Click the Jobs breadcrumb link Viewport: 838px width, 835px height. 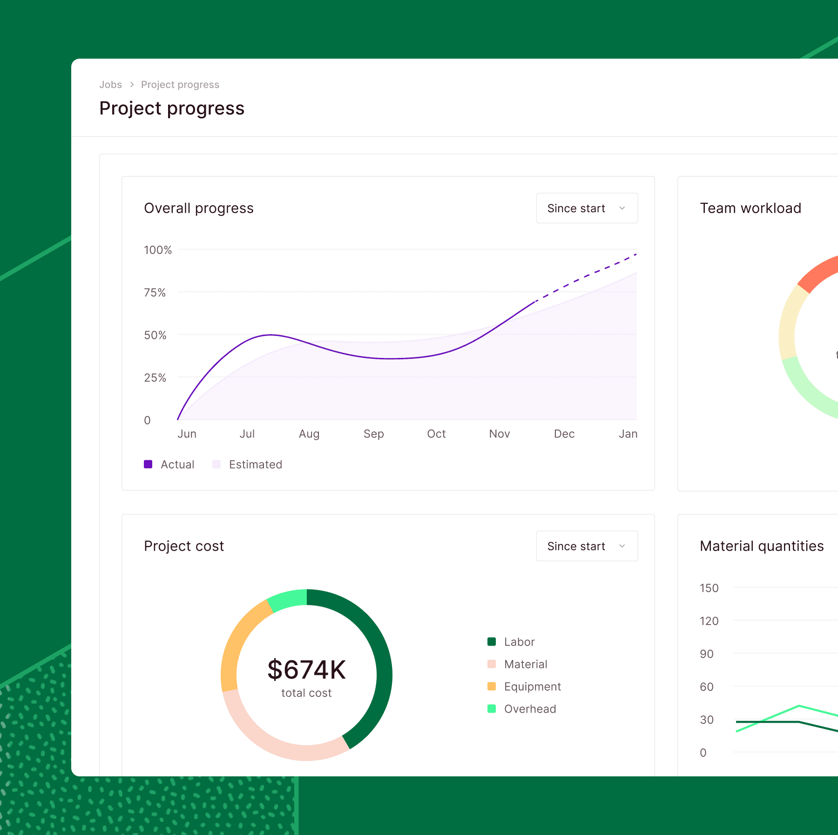click(110, 85)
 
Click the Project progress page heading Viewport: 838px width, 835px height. click(172, 108)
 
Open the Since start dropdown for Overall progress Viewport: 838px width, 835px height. click(587, 208)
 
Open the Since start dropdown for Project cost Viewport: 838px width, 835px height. click(587, 546)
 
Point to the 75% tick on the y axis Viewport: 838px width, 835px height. click(155, 293)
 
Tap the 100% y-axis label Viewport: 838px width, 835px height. click(158, 250)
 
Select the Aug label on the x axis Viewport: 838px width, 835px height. click(309, 434)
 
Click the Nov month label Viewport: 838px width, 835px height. click(499, 434)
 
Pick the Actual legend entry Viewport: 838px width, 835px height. click(169, 465)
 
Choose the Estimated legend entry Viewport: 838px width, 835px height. click(247, 465)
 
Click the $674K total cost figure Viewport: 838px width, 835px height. click(306, 670)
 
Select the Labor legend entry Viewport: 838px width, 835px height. click(511, 642)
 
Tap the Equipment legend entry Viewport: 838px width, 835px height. click(524, 687)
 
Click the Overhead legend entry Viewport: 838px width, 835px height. click(521, 709)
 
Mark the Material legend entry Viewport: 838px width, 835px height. click(517, 664)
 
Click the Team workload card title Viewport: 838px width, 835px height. click(750, 208)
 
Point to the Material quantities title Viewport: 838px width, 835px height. click(762, 546)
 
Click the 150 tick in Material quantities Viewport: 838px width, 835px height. click(709, 588)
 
